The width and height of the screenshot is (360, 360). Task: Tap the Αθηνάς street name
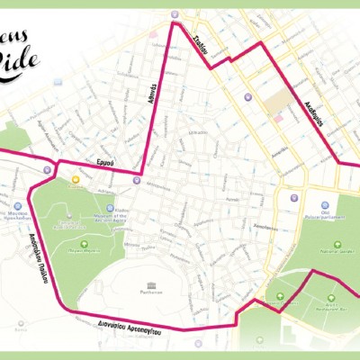tap(155, 115)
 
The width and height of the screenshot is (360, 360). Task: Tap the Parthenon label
tap(152, 291)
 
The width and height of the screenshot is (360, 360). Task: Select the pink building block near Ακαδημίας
tap(278, 117)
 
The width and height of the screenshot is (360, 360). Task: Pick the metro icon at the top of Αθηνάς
tap(174, 15)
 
